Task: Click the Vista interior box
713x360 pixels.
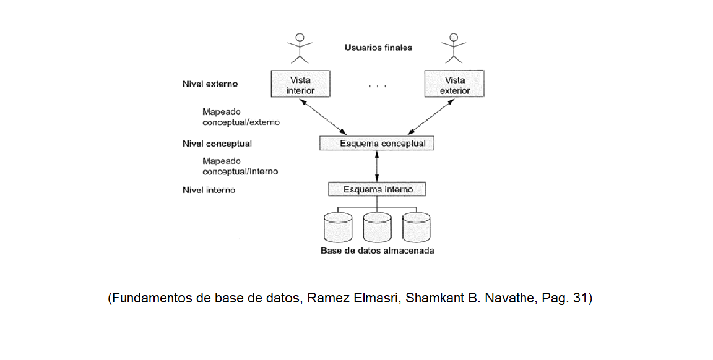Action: coord(300,85)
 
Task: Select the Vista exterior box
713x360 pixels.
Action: coord(455,85)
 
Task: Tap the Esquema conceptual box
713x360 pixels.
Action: coord(377,144)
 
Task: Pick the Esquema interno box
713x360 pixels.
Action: coord(378,189)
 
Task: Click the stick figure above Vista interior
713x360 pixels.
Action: coord(300,48)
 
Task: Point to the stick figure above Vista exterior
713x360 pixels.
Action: coord(455,48)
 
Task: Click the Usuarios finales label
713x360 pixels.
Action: coord(378,48)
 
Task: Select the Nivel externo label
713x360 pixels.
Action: coord(210,84)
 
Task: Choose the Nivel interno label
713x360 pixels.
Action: coord(209,190)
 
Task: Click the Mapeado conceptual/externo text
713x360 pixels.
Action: coord(241,117)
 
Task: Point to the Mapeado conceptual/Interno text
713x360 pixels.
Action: coord(240,166)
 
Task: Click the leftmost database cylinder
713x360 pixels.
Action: coord(338,228)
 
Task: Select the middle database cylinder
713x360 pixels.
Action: coord(377,228)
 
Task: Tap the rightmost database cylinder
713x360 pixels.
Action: coord(416,228)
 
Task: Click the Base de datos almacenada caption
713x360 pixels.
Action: coord(377,251)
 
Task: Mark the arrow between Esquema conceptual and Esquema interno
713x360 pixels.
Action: coord(377,166)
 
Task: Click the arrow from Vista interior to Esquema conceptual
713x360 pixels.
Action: coord(322,116)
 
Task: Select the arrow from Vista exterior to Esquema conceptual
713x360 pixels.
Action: coord(431,116)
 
